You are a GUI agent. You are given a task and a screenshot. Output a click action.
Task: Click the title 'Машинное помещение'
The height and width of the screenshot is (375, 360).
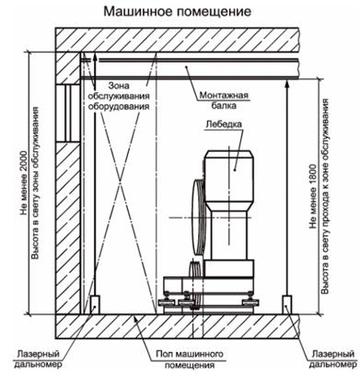point(178,11)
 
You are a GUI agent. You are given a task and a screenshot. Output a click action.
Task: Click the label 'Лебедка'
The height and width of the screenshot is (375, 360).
point(224,124)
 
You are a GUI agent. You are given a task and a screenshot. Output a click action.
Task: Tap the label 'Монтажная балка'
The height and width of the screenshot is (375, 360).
point(224,100)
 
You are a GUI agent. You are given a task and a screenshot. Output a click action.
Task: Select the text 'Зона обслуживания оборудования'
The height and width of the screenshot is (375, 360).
point(119,96)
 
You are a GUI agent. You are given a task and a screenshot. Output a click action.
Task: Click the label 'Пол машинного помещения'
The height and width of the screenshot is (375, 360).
point(190,359)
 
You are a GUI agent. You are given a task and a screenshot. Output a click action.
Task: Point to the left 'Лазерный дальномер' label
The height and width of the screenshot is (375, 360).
point(38,359)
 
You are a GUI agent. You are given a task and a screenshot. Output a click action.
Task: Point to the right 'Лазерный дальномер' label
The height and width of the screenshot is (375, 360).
point(332,359)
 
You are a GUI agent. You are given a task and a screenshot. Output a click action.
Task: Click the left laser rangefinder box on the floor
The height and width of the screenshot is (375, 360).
point(95,305)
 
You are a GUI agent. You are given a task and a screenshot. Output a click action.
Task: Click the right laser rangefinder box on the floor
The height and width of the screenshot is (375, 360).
point(287,305)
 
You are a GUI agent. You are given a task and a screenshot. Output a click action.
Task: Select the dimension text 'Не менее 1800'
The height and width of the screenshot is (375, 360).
point(313,196)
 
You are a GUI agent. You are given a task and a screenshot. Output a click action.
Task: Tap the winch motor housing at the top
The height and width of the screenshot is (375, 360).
point(229,180)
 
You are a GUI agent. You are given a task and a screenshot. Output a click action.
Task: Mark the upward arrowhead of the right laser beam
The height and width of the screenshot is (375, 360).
point(287,83)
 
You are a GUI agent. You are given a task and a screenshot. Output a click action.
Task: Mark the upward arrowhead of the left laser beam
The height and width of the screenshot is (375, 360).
point(95,57)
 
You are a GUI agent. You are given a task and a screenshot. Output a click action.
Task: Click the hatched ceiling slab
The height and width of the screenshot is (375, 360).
point(177,40)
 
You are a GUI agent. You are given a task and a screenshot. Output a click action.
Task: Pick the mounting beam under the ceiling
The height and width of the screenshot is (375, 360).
point(190,69)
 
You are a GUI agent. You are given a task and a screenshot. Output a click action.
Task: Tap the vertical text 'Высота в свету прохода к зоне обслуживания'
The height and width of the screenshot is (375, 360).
point(325,196)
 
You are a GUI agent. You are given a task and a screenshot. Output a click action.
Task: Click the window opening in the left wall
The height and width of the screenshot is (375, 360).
point(68,112)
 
